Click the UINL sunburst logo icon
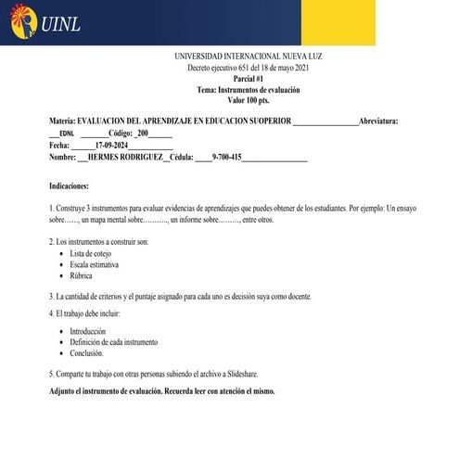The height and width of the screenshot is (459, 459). coord(22,24)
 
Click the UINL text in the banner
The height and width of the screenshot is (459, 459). coord(60,25)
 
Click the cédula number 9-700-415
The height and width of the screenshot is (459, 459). coord(226,158)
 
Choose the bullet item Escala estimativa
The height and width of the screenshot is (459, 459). coord(97,264)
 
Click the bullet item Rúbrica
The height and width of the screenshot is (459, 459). coord(84,275)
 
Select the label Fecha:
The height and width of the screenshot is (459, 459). coord(59,146)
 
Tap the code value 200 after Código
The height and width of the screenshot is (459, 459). coord(143,134)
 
